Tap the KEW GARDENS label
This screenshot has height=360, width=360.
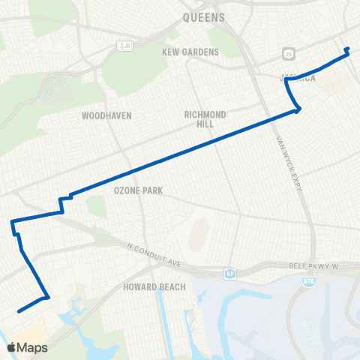(190, 52)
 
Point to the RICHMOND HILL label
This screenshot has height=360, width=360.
(205, 119)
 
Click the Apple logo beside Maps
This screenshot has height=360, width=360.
(11, 347)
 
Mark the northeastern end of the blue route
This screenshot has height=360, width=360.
(347, 49)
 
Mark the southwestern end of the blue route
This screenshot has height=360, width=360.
(17, 310)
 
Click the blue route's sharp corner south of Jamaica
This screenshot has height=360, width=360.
(299, 110)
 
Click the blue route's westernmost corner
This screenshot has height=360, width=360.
(11, 222)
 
